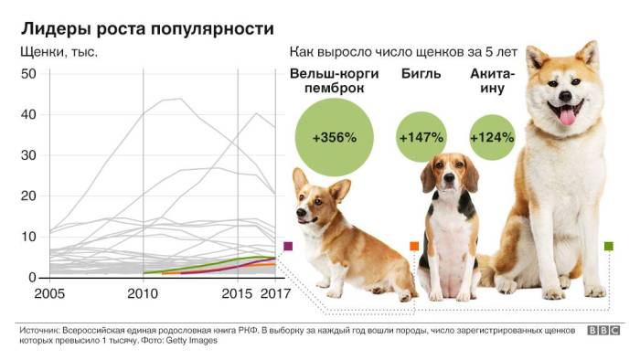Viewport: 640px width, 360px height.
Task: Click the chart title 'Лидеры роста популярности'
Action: pyautogui.click(x=146, y=29)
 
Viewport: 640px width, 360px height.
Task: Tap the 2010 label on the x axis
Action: pyautogui.click(x=143, y=294)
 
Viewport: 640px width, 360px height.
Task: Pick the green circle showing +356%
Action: pyautogui.click(x=334, y=138)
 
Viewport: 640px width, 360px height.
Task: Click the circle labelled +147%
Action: pyautogui.click(x=421, y=138)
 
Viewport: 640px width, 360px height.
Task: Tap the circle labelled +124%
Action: pyautogui.click(x=492, y=138)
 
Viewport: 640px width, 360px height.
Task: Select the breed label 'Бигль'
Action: pyautogui.click(x=421, y=73)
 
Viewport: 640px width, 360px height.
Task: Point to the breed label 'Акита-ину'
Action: pyautogui.click(x=492, y=80)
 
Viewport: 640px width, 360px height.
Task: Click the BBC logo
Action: pyautogui.click(x=603, y=331)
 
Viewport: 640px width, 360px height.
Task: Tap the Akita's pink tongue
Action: pyautogui.click(x=568, y=115)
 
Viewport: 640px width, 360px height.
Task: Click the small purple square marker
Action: pyautogui.click(x=288, y=246)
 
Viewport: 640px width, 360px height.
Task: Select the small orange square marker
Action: pyautogui.click(x=414, y=246)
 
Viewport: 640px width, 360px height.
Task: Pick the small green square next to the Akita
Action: pyautogui.click(x=609, y=246)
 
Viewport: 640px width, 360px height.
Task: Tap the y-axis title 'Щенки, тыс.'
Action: pyautogui.click(x=59, y=53)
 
